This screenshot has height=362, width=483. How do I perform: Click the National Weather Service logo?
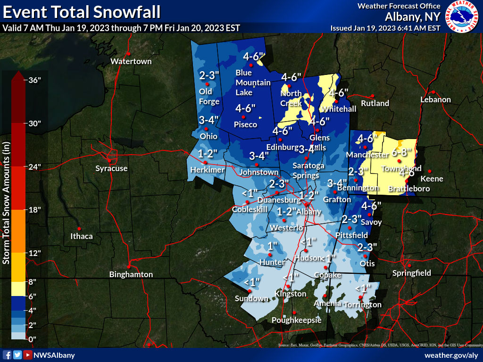462,17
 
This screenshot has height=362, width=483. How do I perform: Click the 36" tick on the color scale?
35,80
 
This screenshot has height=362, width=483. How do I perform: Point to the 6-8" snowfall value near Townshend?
402,152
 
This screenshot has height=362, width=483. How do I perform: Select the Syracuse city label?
111,168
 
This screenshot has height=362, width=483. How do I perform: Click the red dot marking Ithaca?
79,229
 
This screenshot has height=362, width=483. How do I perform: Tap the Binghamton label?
131,274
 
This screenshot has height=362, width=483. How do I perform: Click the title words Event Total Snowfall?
81,10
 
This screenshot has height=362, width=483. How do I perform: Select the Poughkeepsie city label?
296,320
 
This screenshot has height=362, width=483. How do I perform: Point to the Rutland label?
375,103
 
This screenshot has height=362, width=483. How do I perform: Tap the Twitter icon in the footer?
17,355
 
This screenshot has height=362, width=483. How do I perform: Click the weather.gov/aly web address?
451,355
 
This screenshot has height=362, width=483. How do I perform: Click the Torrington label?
362,304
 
